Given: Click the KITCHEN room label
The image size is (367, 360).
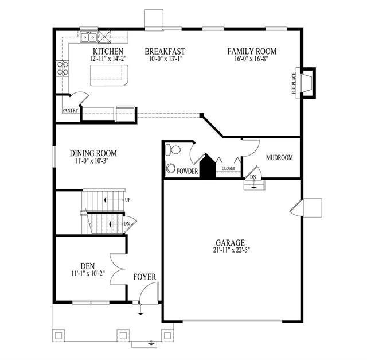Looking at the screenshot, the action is pyautogui.click(x=108, y=51).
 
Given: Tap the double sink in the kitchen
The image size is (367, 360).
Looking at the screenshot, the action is pyautogui.click(x=89, y=37).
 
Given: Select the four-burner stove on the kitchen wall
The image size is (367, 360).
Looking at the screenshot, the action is pyautogui.click(x=63, y=68).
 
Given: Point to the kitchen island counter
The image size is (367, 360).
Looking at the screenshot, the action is pyautogui.click(x=110, y=75).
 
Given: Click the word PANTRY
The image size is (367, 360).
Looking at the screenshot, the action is pyautogui.click(x=70, y=110).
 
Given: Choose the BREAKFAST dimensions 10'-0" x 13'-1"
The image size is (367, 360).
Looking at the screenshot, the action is pyautogui.click(x=166, y=59).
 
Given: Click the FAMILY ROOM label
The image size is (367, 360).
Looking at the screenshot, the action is pyautogui.click(x=252, y=51).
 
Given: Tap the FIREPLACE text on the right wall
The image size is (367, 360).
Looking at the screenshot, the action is pyautogui.click(x=294, y=83).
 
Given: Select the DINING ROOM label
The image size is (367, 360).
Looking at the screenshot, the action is pyautogui.click(x=93, y=153).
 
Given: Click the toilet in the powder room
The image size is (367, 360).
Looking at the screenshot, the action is pyautogui.click(x=173, y=150).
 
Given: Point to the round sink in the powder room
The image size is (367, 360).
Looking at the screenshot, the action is pyautogui.click(x=171, y=168).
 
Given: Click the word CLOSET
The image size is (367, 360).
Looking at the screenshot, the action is pyautogui.click(x=228, y=168).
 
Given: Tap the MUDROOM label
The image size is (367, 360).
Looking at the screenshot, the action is pyautogui.click(x=279, y=157).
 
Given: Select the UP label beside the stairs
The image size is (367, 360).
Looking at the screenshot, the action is pyautogui.click(x=127, y=200).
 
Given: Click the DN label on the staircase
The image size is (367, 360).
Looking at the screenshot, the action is pyautogui.click(x=127, y=224).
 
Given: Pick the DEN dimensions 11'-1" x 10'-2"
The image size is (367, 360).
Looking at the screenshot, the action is pyautogui.click(x=88, y=273).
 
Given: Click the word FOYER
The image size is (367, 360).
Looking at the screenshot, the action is pyautogui.click(x=145, y=277).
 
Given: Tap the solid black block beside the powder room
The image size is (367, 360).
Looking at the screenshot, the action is pyautogui.click(x=207, y=166).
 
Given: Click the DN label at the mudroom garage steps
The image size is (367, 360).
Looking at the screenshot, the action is pyautogui.click(x=253, y=177).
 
